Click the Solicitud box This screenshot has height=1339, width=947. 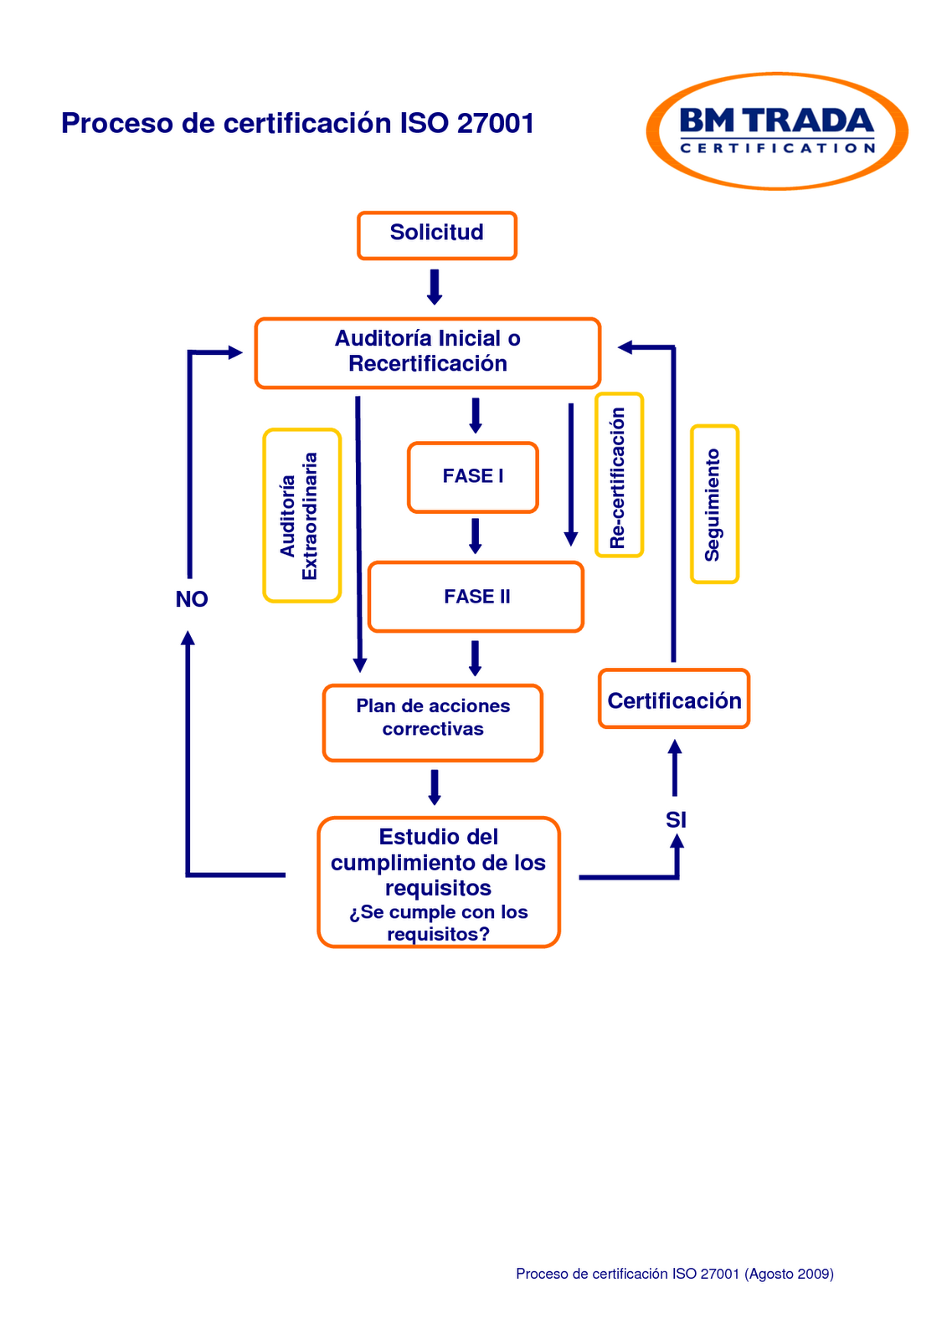pyautogui.click(x=436, y=235)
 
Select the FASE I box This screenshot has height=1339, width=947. pyautogui.click(x=472, y=477)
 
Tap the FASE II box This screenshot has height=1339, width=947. pyautogui.click(x=476, y=597)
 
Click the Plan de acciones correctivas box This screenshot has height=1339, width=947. pyautogui.click(x=432, y=722)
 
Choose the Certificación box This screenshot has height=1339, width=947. pyautogui.click(x=673, y=700)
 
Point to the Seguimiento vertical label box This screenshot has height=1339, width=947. pyautogui.click(x=713, y=504)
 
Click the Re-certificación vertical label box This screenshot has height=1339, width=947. pyautogui.click(x=619, y=475)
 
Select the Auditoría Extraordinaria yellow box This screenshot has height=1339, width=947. pyautogui.click(x=301, y=516)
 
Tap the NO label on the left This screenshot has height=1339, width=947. pyautogui.click(x=192, y=599)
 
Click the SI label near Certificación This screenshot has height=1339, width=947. pyautogui.click(x=676, y=820)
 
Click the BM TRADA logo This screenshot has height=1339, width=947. pyautogui.click(x=776, y=131)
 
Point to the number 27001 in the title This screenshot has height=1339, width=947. pyautogui.click(x=496, y=124)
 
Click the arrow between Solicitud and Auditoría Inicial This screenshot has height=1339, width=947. pyautogui.click(x=434, y=287)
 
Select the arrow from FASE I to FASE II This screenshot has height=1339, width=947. pyautogui.click(x=475, y=536)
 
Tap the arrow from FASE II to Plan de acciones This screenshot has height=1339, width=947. pyautogui.click(x=475, y=658)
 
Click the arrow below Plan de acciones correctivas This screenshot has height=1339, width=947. pyautogui.click(x=434, y=787)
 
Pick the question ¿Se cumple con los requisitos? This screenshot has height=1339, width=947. pyautogui.click(x=438, y=923)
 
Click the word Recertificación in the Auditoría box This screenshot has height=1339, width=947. pyautogui.click(x=427, y=364)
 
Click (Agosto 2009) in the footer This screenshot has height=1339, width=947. pyautogui.click(x=789, y=1274)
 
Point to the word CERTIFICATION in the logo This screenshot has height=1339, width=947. pyautogui.click(x=777, y=149)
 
